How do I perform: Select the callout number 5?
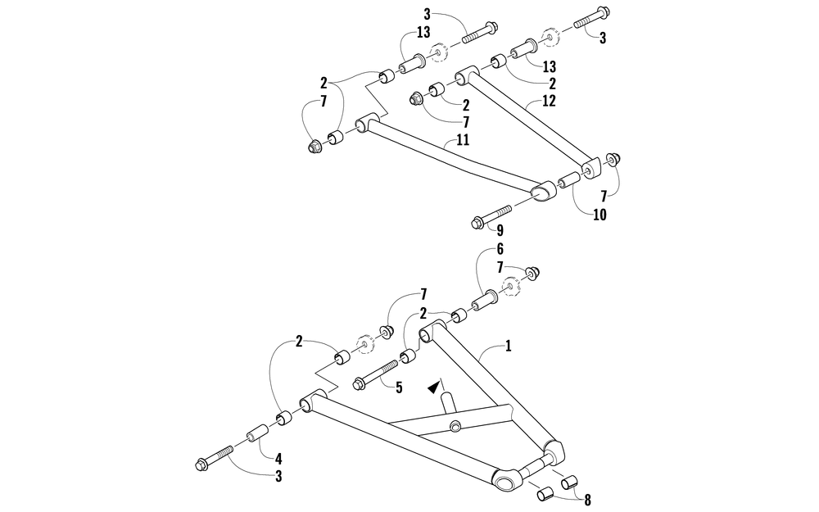click(x=399, y=387)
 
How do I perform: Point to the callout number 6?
click(x=500, y=248)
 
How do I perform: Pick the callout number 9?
click(x=500, y=230)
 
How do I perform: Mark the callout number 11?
click(x=462, y=140)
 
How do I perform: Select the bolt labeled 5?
click(x=373, y=378)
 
